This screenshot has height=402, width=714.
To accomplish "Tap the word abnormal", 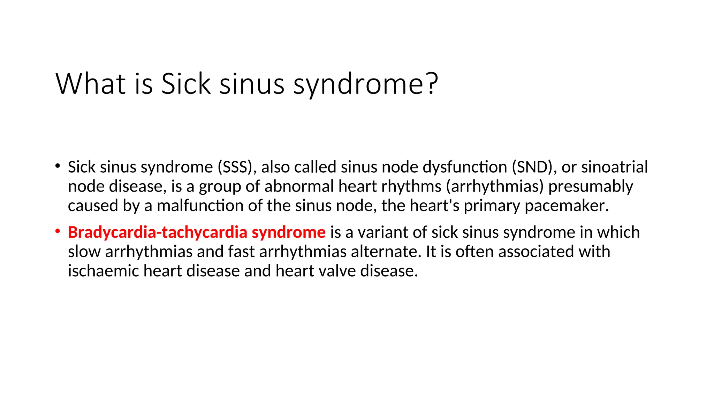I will click(299, 186).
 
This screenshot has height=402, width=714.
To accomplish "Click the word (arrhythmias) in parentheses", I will click(495, 186).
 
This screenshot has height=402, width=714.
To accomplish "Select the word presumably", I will click(591, 186).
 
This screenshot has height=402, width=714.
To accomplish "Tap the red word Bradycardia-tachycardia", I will click(158, 232).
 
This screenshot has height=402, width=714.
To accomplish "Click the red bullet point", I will click(58, 231).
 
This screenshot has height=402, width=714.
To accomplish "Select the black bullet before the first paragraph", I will click(58, 166).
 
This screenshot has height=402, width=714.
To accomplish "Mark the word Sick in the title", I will click(186, 84).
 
